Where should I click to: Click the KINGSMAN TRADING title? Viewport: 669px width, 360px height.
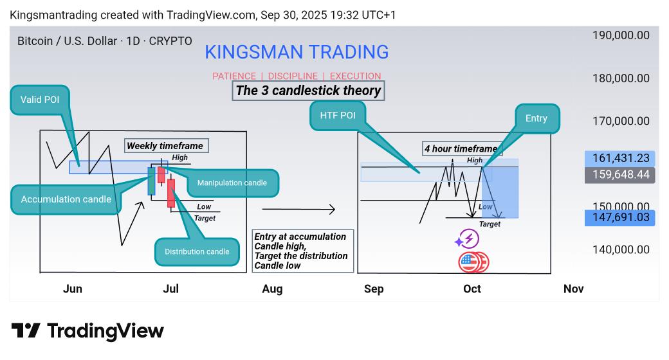[x=297, y=52]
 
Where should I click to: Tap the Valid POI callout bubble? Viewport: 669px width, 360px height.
[x=40, y=100]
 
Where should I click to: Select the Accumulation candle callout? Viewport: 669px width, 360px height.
[x=66, y=199]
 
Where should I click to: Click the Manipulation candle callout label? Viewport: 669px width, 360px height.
[x=232, y=183]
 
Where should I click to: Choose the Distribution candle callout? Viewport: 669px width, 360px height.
[x=197, y=251]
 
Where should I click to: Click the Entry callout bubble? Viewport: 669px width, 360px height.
[x=536, y=118]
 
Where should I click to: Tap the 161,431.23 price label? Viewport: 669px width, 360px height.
[x=619, y=158]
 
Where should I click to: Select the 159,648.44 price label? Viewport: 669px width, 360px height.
[x=619, y=175]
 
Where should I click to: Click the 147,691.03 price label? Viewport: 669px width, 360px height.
[x=619, y=218]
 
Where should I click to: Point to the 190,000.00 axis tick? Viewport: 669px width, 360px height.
[x=621, y=35]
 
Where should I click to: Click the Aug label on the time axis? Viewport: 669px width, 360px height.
[x=272, y=289]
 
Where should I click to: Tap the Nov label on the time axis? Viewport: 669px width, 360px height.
[x=573, y=289]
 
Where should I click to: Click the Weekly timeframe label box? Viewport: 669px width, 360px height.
[x=165, y=146]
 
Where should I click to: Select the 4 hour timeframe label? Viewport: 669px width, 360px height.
[x=461, y=149]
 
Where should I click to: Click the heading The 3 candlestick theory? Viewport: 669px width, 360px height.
[x=308, y=91]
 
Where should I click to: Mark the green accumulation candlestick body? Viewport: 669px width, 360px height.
[x=152, y=181]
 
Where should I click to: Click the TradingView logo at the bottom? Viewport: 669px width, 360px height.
[x=87, y=331]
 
